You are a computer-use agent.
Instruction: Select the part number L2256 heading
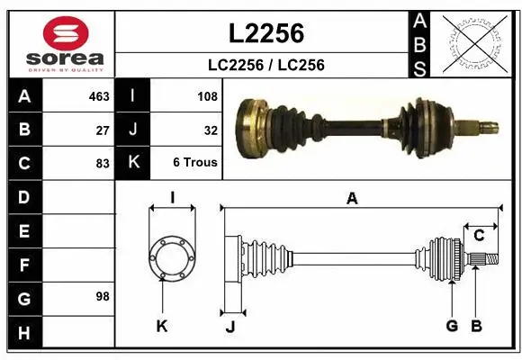click(x=266, y=33)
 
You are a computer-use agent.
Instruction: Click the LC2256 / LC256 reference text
click(x=266, y=65)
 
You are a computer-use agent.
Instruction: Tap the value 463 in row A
click(x=96, y=94)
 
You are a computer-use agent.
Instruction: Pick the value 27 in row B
click(x=102, y=129)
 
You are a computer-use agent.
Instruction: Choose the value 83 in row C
click(x=102, y=163)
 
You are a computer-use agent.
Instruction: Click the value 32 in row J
click(x=211, y=129)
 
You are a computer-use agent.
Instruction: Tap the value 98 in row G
click(x=102, y=296)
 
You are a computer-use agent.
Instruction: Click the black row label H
click(x=24, y=333)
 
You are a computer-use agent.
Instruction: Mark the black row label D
click(x=24, y=197)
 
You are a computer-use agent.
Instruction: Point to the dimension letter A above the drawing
click(x=352, y=199)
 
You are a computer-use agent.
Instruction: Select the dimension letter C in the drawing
click(x=480, y=235)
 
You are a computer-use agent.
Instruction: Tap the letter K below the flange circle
click(x=162, y=326)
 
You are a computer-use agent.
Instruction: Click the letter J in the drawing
click(x=230, y=327)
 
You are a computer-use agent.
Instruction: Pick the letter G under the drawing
click(x=452, y=326)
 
